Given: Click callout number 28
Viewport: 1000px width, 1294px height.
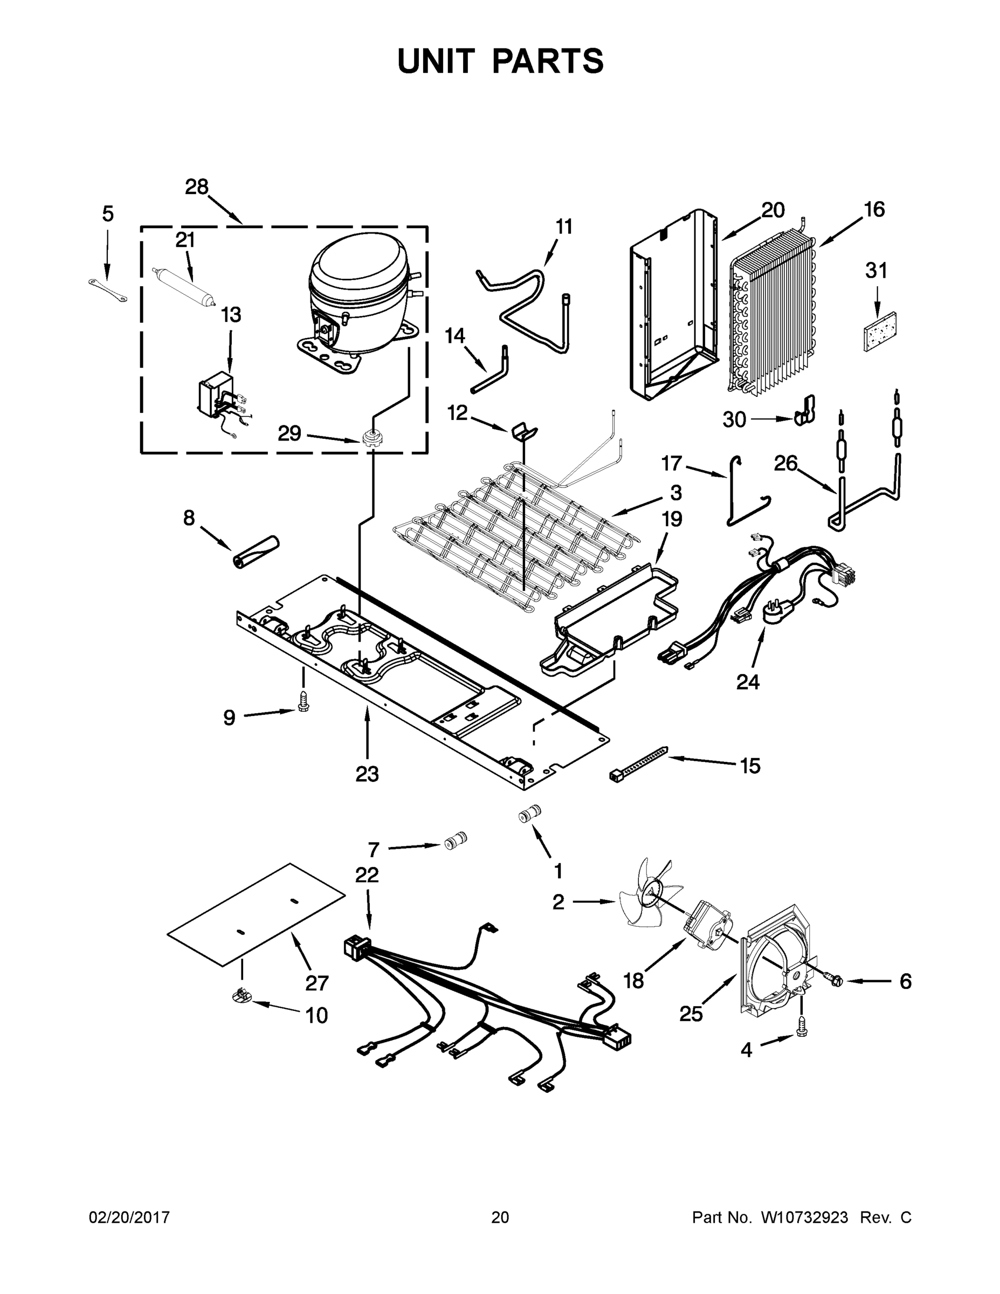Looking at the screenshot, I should coord(197,187).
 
